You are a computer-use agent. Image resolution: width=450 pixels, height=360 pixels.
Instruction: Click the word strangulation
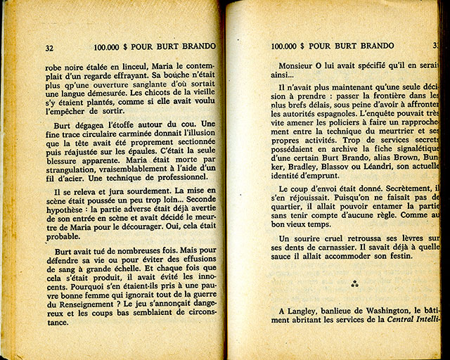coord(73,176)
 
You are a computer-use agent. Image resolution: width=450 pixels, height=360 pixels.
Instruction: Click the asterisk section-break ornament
coord(354,284)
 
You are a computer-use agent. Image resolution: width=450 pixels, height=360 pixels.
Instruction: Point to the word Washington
coord(395,311)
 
